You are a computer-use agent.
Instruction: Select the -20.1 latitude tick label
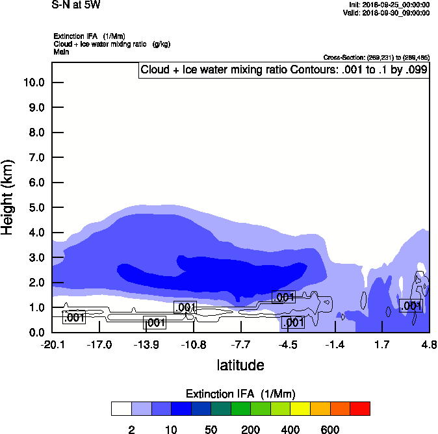point(52,344)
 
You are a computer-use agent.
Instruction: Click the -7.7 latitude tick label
point(240,344)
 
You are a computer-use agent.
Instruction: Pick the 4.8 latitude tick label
point(428,344)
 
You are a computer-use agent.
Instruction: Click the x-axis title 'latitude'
point(240,365)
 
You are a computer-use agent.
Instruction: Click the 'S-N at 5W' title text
point(76,5)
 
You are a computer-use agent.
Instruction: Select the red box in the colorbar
point(360,409)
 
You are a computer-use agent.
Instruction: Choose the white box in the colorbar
point(122,409)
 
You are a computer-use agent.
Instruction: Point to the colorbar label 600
point(330,429)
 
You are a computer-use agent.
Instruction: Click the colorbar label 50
point(211,429)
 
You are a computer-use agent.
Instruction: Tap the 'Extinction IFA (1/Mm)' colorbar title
point(240,394)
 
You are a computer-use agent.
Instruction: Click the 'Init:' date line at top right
point(389,5)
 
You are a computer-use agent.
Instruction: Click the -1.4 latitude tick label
point(335,344)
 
